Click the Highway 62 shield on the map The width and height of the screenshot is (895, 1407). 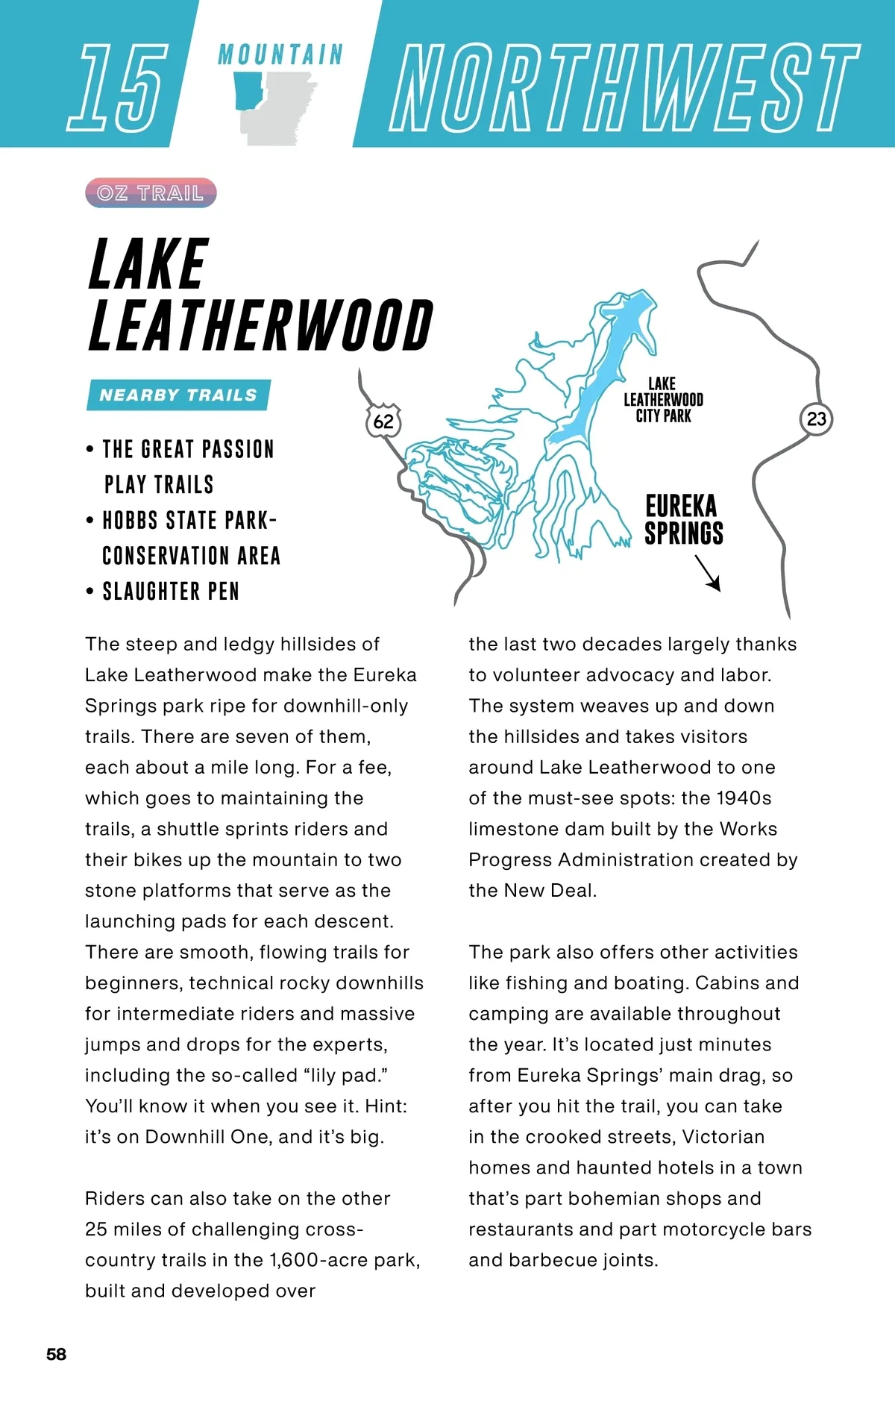pyautogui.click(x=383, y=421)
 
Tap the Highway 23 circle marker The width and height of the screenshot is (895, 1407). pyautogui.click(x=817, y=419)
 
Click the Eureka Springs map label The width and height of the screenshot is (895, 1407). pyautogui.click(x=683, y=519)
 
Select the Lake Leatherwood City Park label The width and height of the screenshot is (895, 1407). pyautogui.click(x=663, y=400)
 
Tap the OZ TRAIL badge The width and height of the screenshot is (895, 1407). pyautogui.click(x=151, y=193)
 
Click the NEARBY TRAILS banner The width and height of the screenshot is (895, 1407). pyautogui.click(x=178, y=395)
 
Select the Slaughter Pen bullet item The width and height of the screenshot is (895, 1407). pyautogui.click(x=171, y=592)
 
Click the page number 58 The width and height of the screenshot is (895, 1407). pyautogui.click(x=56, y=1354)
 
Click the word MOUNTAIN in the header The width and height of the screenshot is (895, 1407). pyautogui.click(x=280, y=54)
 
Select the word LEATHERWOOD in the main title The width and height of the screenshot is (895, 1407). pyautogui.click(x=260, y=326)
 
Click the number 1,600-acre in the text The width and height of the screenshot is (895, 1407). pyautogui.click(x=342, y=1260)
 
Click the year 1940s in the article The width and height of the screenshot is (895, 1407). pyautogui.click(x=744, y=798)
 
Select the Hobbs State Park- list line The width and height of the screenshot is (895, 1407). pyautogui.click(x=189, y=521)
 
